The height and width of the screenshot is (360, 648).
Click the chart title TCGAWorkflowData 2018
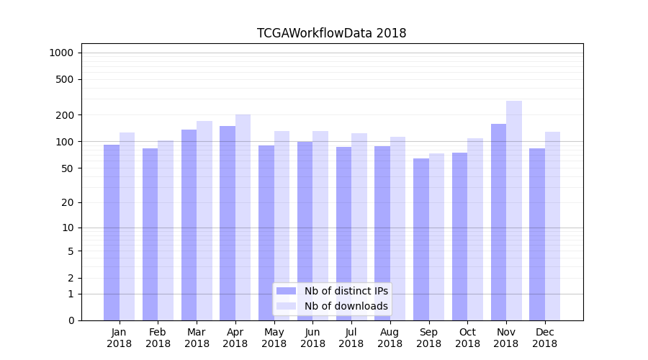coord(331,33)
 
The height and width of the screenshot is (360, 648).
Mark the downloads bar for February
coord(166,230)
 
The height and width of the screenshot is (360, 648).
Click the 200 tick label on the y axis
coord(65,115)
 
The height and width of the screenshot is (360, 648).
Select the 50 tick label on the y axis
coord(67,168)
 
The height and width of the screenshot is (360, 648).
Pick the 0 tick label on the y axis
coord(71,320)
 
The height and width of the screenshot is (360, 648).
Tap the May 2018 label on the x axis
coord(274,338)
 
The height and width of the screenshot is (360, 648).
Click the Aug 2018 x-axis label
coord(390,338)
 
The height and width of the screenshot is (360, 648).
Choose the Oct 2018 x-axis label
coord(467,338)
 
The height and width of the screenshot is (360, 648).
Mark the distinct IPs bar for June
coord(305,230)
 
